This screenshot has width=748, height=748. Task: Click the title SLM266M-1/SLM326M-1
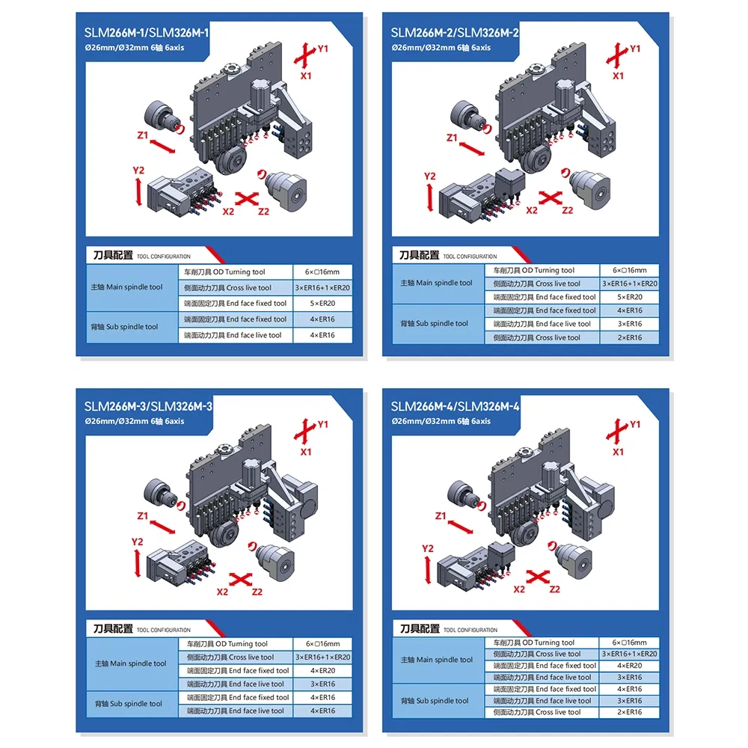[147, 34]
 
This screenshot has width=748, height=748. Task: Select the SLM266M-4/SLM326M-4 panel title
[455, 406]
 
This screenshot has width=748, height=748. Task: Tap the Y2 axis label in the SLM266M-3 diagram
[137, 542]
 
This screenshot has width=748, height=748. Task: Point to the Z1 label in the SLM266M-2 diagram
[451, 138]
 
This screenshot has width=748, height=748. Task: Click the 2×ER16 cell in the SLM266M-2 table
[628, 337]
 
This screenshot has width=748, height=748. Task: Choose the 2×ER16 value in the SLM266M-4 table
[628, 712]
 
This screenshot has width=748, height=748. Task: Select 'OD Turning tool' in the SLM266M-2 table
[544, 270]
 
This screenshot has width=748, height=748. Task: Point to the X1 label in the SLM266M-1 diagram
[306, 76]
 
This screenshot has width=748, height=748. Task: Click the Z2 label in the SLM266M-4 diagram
[555, 589]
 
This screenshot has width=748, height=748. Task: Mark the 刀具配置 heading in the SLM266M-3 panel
[108, 629]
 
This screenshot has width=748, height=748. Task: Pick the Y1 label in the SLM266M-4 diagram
[635, 424]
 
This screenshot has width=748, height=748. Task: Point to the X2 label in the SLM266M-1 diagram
[228, 212]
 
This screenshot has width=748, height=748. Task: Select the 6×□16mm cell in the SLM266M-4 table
[628, 643]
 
